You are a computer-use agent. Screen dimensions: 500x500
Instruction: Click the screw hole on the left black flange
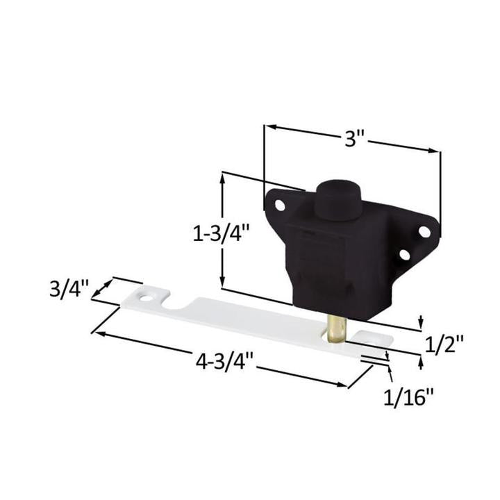[279, 206]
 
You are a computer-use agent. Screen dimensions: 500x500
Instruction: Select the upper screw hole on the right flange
[423, 232]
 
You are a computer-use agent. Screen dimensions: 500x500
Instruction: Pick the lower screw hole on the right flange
[404, 255]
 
